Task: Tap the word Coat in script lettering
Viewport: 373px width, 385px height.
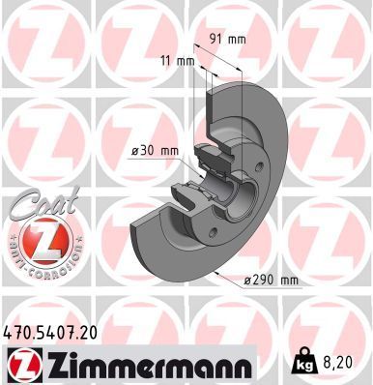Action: tap(38, 205)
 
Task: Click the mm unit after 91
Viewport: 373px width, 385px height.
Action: tap(236, 40)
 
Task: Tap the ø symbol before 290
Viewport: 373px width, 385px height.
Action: tap(247, 281)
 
